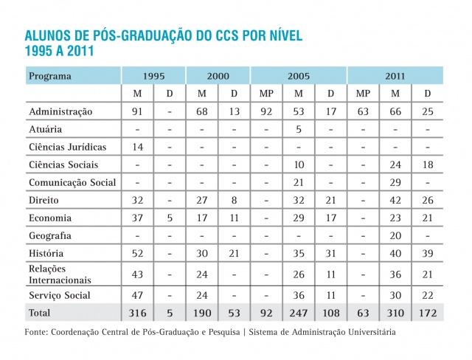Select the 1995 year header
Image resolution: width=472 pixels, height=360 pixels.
(153, 76)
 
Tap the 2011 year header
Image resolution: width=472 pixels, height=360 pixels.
(395, 76)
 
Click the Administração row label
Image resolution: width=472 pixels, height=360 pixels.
(60, 112)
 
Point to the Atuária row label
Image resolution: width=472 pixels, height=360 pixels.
(46, 129)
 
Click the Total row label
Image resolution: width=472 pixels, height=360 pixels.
(41, 314)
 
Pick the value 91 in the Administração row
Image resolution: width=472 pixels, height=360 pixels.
(137, 112)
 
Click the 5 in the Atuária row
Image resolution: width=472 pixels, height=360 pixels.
(299, 129)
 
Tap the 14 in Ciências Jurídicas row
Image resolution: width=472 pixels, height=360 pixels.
(137, 147)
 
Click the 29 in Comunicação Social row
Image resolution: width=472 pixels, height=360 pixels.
(395, 182)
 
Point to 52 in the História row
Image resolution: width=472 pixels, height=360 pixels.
(137, 253)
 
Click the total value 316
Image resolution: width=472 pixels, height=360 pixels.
(137, 314)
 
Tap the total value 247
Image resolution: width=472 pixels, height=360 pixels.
(299, 314)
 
